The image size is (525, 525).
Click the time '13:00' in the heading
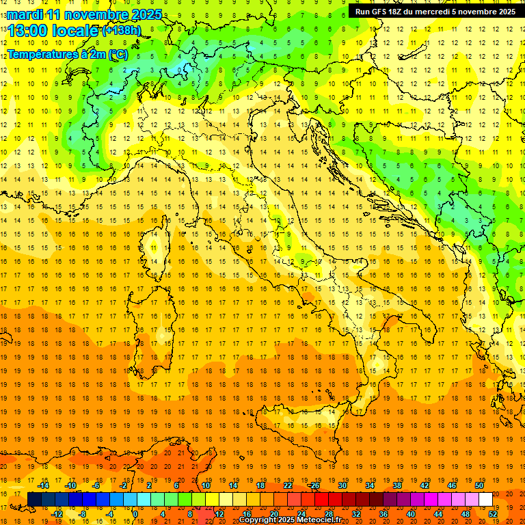(x=28, y=31)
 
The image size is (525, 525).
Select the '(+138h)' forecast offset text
(x=121, y=31)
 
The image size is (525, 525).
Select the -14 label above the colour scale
(x=44, y=485)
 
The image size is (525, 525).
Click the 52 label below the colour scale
(x=493, y=514)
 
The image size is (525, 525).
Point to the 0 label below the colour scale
(x=135, y=514)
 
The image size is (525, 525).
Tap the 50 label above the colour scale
(x=479, y=485)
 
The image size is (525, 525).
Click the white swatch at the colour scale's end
(x=485, y=500)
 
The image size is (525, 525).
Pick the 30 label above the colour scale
(x=342, y=485)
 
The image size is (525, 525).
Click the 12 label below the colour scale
(x=219, y=514)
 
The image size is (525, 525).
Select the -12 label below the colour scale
(x=57, y=514)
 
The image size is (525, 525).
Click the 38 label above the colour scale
(x=396, y=485)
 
